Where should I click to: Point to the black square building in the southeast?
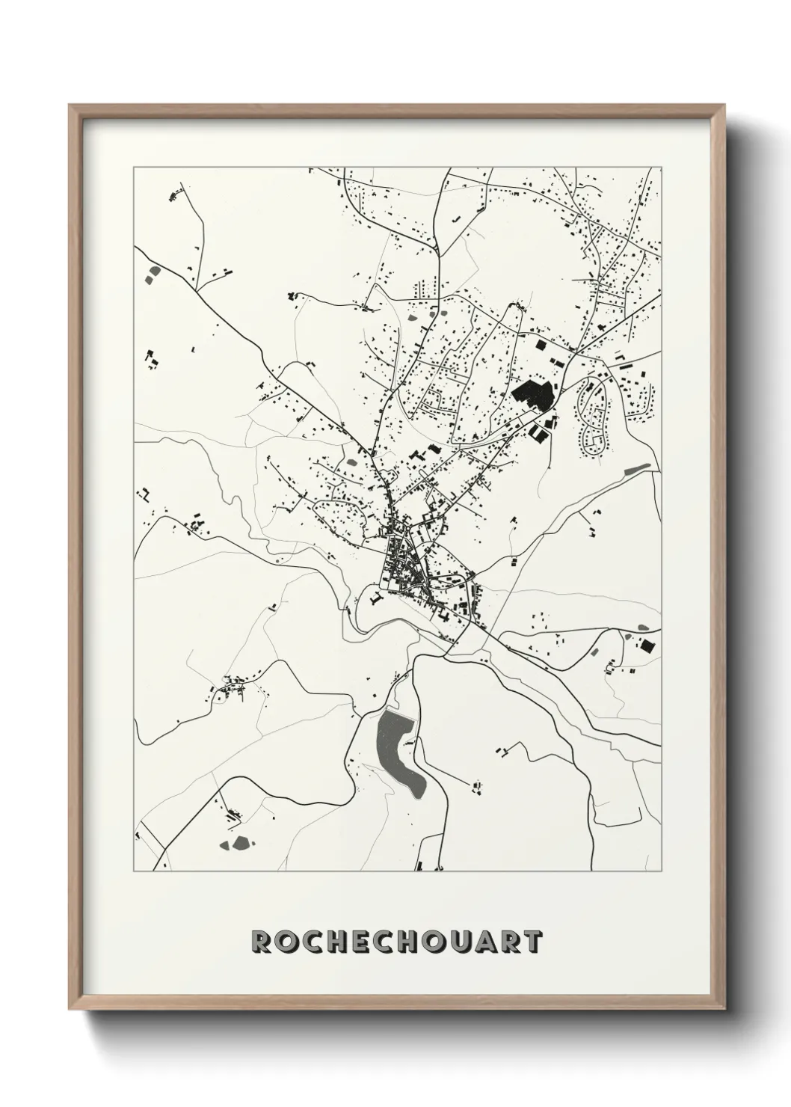pos(647,644)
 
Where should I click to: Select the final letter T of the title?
pos(530,942)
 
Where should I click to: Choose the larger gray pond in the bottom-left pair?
pos(240,843)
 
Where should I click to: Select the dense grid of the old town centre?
pos(400,565)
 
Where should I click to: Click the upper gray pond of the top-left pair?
pos(155,270)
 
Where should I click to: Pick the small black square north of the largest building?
pos(540,346)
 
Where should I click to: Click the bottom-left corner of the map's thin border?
pos(134,871)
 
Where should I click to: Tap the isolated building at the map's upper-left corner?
pos(175,196)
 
